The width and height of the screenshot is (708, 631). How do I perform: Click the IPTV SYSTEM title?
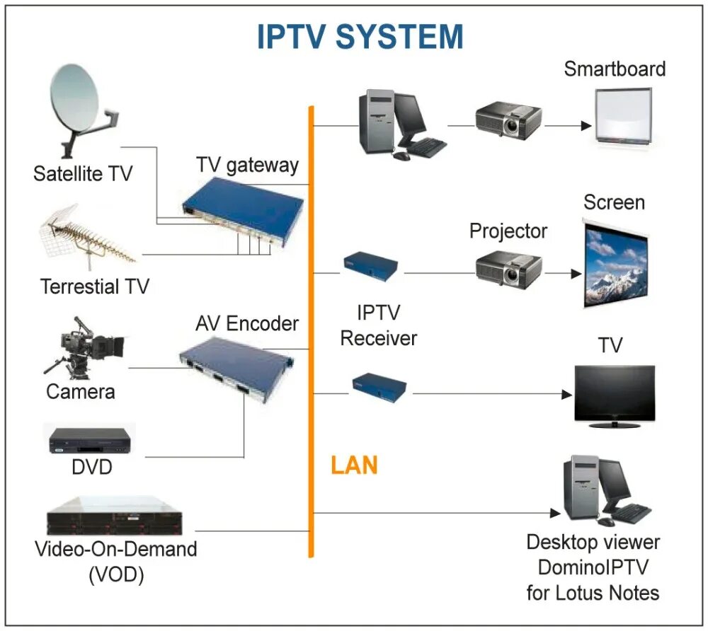(x=360, y=37)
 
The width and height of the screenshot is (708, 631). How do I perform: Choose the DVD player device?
(x=90, y=441)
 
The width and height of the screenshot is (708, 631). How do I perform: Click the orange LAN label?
(x=354, y=465)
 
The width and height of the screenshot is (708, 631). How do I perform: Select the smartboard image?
(x=622, y=116)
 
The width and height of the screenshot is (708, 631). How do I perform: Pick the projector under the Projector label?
(x=508, y=267)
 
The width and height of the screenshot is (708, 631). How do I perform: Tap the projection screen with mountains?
(x=615, y=262)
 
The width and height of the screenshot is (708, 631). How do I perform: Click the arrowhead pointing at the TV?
(x=566, y=394)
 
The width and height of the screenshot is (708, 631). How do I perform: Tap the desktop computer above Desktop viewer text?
(x=602, y=490)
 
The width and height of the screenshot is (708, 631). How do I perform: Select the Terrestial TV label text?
(x=95, y=286)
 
